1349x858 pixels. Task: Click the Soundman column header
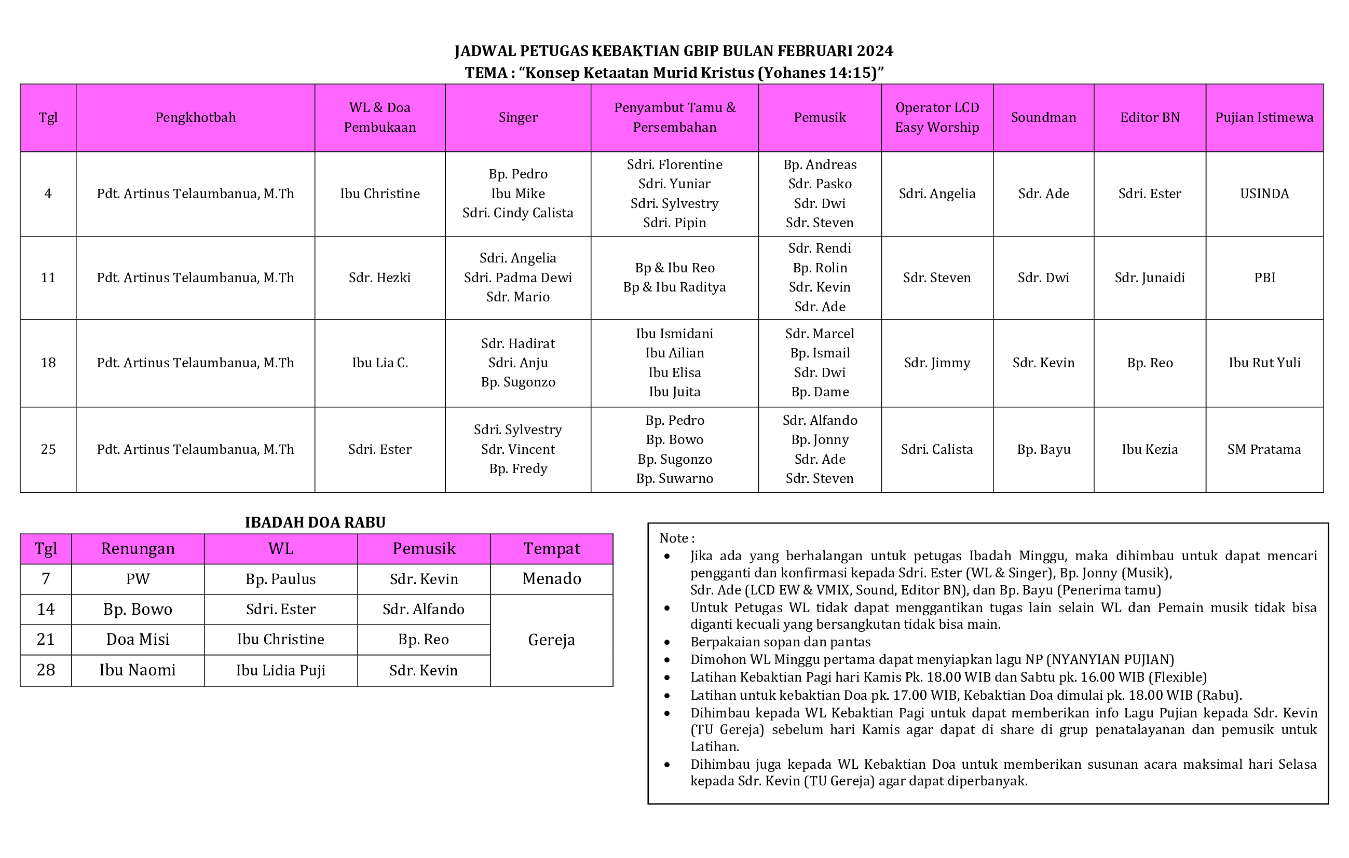[x=1043, y=118]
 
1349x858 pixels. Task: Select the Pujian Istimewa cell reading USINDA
[x=1264, y=194]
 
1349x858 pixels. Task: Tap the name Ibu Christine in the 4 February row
[x=380, y=194]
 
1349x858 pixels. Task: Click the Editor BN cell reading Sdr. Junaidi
[x=1150, y=278]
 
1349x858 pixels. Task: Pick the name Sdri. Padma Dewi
[x=517, y=278]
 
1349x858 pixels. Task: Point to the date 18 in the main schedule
[x=48, y=363]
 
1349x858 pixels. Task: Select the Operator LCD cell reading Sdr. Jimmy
[x=937, y=363]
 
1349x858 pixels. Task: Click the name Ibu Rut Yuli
[x=1264, y=363]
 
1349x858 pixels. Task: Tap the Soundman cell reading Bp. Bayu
[x=1043, y=450]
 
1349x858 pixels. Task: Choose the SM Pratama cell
[x=1264, y=450]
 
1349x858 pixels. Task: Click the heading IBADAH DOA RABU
[x=315, y=522]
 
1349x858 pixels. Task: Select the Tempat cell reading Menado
[x=552, y=579]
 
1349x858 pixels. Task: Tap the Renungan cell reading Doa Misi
[x=138, y=640]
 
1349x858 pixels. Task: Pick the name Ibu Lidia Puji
[x=281, y=670]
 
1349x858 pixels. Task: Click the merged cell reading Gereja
[x=552, y=640]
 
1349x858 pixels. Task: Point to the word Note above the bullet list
[x=673, y=538]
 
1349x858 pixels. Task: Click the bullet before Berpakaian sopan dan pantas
[x=666, y=642]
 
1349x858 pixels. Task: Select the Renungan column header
[x=138, y=549]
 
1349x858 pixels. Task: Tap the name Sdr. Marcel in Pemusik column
[x=820, y=334]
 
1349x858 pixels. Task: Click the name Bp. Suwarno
[x=675, y=479]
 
